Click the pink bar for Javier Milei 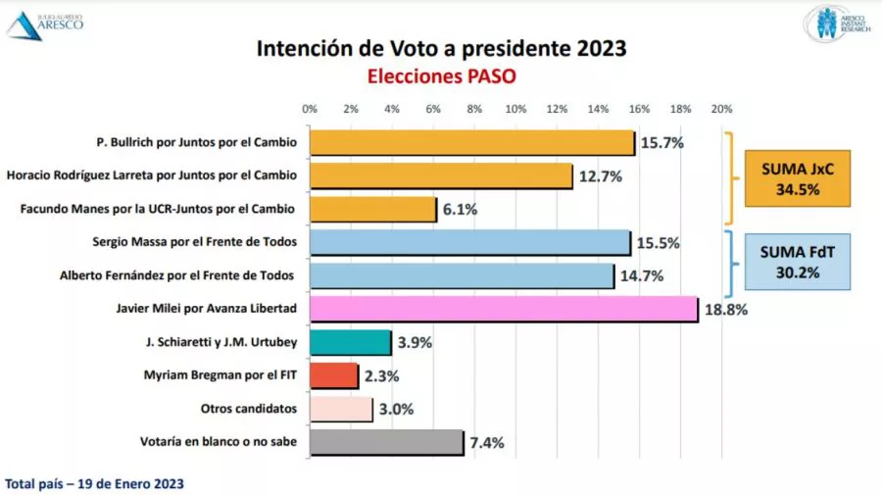(504, 310)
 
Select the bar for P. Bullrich (472, 143)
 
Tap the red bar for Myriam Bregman (334, 375)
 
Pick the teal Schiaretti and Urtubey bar (351, 342)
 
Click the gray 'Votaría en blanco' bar (386, 442)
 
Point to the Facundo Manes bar (372, 209)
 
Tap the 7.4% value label (487, 443)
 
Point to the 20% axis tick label (721, 109)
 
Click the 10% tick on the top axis (515, 109)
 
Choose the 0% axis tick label (310, 109)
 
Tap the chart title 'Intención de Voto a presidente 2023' (441, 48)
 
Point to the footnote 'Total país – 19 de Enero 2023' (94, 484)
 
